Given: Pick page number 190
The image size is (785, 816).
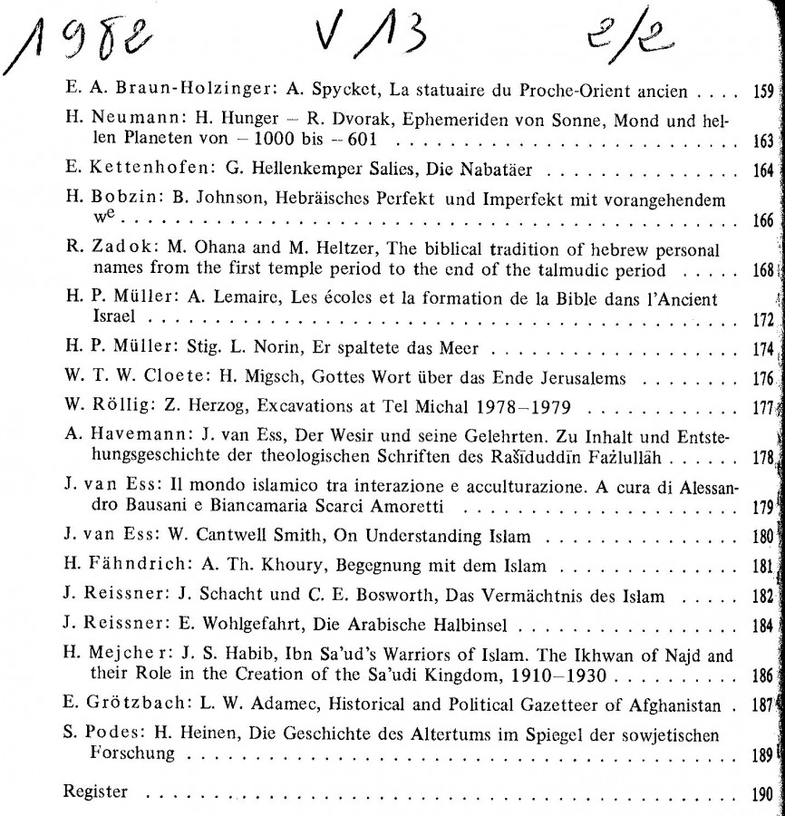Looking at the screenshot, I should [762, 792].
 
